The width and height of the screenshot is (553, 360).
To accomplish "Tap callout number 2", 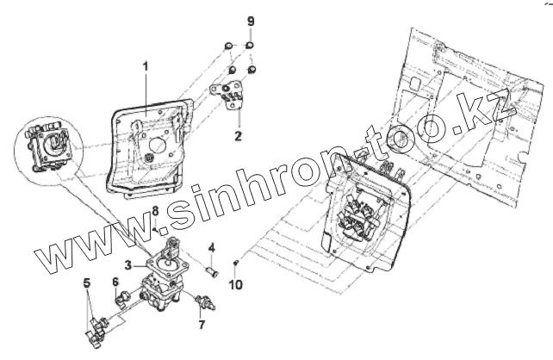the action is click(239, 135).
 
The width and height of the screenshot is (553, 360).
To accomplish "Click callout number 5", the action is click(86, 282).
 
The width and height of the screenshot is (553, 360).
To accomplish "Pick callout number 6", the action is click(115, 282).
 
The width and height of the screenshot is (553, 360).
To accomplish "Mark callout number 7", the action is click(202, 326).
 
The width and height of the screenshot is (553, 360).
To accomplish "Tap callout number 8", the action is click(155, 211).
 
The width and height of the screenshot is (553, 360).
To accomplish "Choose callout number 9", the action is click(251, 20).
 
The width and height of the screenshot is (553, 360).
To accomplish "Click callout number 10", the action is click(238, 283).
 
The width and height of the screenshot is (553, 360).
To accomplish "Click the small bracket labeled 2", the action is click(231, 93).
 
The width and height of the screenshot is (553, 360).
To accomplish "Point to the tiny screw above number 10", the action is click(237, 262).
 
